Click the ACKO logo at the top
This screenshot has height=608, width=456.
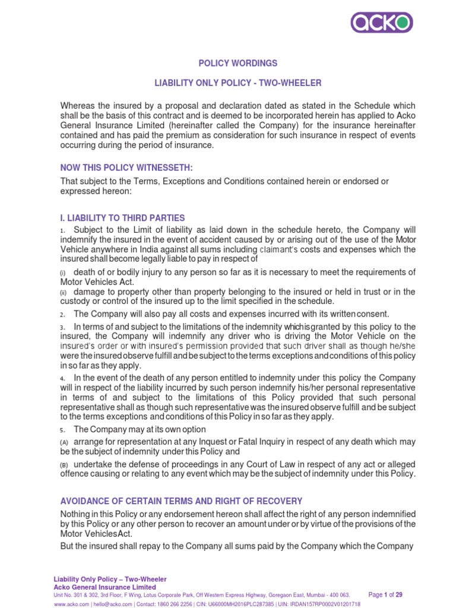tap(381, 23)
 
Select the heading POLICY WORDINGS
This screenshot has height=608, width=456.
tap(229, 63)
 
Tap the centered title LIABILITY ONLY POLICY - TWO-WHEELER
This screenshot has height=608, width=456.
tap(229, 84)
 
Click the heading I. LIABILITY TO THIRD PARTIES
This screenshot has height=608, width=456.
tap(122, 218)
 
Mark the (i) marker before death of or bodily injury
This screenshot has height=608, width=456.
tap(63, 273)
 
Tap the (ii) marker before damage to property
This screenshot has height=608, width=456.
tap(64, 293)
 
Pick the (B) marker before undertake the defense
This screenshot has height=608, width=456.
tap(64, 464)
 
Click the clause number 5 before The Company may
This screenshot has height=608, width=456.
tap(62, 430)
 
